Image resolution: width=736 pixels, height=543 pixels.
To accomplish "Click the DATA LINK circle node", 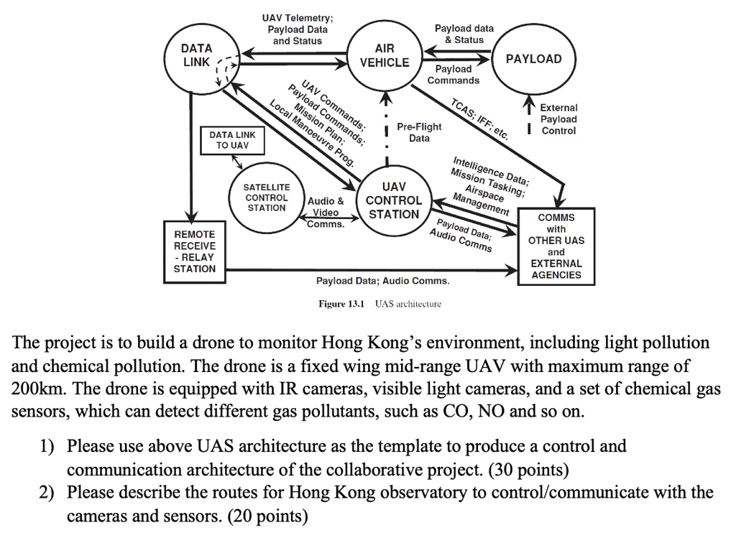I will coord(196,56).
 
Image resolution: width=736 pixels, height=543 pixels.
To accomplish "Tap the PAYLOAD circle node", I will coord(533,59).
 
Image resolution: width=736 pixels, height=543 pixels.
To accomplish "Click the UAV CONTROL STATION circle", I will coord(393,200).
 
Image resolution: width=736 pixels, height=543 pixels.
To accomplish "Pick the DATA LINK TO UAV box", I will coord(231,140).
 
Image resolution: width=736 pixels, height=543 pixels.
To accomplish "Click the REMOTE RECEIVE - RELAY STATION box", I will coord(194,251).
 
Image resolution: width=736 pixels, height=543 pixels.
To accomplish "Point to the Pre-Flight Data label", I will coord(419,133).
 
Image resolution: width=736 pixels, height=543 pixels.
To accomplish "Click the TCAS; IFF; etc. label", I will coord(479,118).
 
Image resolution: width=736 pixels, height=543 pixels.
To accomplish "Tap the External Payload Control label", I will coord(558,119).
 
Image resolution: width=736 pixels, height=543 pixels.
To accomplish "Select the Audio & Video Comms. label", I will coord(326,213).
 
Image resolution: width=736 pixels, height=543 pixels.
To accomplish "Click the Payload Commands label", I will coord(453,75).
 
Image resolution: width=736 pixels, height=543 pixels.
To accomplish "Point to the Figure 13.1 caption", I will coord(379,304).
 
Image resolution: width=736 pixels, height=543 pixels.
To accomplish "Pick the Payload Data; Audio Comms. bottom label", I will coord(382,281).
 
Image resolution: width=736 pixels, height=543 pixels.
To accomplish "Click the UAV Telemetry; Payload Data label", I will coord(297,29).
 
